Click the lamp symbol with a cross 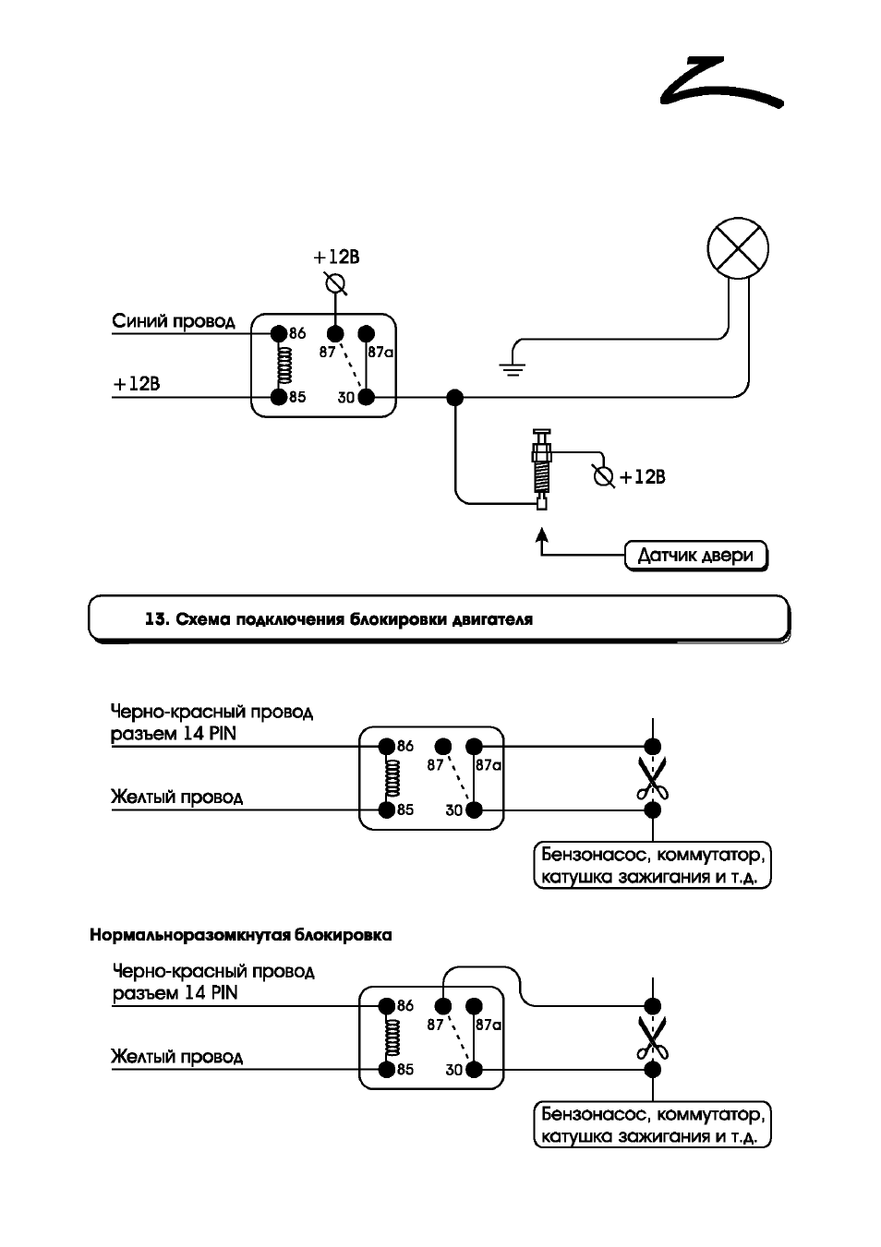(737, 247)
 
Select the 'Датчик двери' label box (695, 555)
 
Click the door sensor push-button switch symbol (541, 469)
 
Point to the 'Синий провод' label (174, 321)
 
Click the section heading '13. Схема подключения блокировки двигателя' (339, 619)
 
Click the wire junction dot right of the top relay (455, 398)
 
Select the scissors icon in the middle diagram (652, 778)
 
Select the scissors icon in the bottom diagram (652, 1037)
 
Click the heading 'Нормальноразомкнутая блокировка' (241, 935)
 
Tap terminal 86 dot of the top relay (279, 333)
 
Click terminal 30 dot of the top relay (366, 398)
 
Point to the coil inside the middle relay (392, 778)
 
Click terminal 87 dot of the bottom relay (443, 1006)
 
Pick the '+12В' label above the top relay (336, 258)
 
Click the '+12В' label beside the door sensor (642, 477)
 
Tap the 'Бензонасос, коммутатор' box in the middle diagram (652, 865)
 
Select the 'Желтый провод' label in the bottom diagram (177, 1057)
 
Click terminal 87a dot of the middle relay (474, 746)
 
